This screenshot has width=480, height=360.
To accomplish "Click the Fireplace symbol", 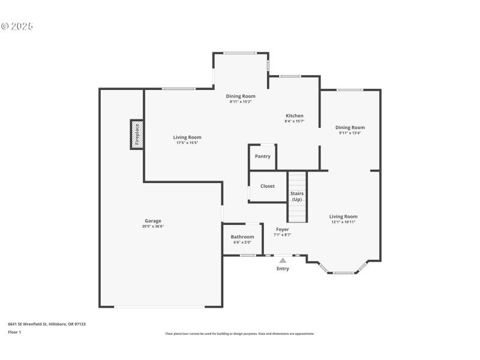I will pos(137,134).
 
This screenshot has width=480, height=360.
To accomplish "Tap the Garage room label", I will pos(152,221).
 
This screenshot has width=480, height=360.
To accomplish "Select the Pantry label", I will pos(263,157).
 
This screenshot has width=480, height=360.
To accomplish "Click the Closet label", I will pos(268,186).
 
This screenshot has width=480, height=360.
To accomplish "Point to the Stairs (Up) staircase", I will pos(297,197).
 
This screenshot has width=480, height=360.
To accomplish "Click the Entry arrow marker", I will pos(283,260).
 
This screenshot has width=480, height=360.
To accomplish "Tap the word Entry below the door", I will pos(283,269).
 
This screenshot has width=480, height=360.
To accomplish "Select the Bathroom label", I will pos(242,237).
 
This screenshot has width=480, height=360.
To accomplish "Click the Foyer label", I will pos(283,229).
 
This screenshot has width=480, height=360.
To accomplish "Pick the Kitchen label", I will pos(294,116).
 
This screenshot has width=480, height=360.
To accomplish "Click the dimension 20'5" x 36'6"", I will pos(152,227).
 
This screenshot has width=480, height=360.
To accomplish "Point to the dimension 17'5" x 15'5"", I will pos(187,143).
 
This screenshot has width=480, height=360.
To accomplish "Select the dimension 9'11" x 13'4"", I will pos(350,133).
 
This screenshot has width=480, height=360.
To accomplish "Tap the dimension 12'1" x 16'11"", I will pos(343,222).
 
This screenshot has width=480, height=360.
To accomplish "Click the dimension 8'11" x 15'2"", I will pos(241,102).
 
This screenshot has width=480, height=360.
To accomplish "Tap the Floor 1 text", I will pos(14,332).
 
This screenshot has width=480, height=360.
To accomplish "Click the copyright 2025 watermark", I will pos(17,26).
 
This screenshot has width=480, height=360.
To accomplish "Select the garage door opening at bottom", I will pos(160,307).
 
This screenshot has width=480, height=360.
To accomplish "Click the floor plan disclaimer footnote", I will pos(240,334).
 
